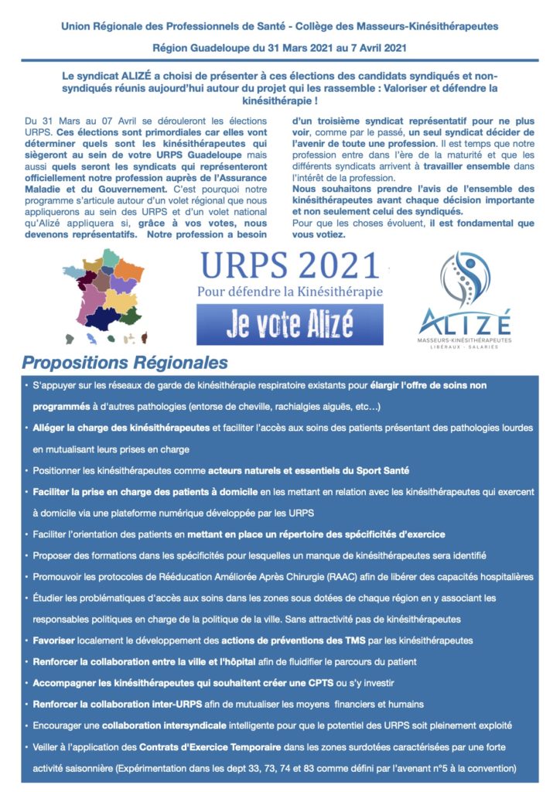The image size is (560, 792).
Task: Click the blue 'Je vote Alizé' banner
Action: coord(289,324)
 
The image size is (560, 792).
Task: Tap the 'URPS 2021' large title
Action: coord(289,267)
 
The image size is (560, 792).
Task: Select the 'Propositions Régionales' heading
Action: coord(125,363)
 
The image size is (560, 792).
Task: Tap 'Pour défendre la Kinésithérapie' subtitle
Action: coord(289,292)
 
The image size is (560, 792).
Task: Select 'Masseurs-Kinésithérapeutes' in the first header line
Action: coord(434,26)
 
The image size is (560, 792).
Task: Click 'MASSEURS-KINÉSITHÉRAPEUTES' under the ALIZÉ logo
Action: coord(465,340)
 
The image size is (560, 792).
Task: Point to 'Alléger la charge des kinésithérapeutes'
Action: coord(121,427)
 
